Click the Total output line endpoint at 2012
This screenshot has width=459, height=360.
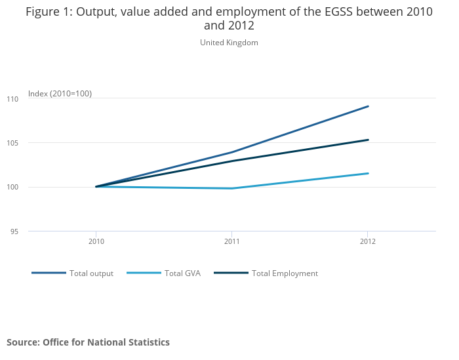point(368,106)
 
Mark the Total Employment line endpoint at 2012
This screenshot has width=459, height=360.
point(368,140)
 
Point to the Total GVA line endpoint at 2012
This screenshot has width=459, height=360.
point(368,173)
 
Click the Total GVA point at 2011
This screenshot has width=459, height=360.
point(231,188)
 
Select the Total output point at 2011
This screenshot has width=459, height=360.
point(231,152)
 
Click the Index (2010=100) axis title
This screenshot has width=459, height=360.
point(60,94)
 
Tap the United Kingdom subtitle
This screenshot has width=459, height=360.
point(229,43)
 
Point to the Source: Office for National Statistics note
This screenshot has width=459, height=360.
point(88,342)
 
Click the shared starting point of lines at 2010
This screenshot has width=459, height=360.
point(96,187)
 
